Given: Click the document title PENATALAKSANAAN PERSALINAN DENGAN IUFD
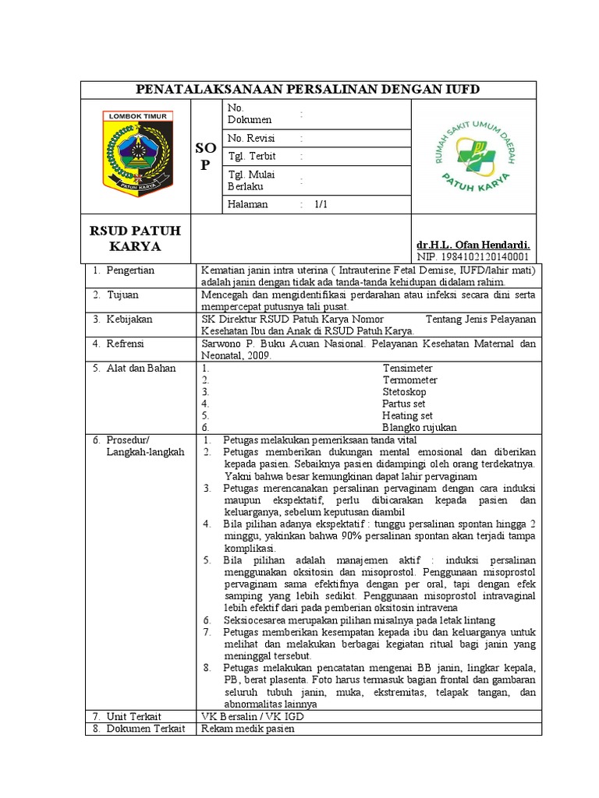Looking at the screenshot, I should point(308,90).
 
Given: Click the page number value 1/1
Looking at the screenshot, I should point(321,204).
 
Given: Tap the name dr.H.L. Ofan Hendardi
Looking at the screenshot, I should point(473,245).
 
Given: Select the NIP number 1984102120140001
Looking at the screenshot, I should point(473,256).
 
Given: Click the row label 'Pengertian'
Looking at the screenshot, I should point(130,270).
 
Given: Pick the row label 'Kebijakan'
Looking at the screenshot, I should point(129,320).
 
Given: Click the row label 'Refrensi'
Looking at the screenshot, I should point(128,344).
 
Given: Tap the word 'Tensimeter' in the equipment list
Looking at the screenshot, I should point(407,368).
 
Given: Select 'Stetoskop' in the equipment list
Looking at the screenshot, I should point(404,392).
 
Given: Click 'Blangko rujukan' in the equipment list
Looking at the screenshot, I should point(420,428).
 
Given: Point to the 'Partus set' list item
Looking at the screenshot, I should point(404,404).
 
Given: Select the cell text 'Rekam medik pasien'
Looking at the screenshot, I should point(248,729).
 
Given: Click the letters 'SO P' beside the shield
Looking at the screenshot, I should point(204,157).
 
